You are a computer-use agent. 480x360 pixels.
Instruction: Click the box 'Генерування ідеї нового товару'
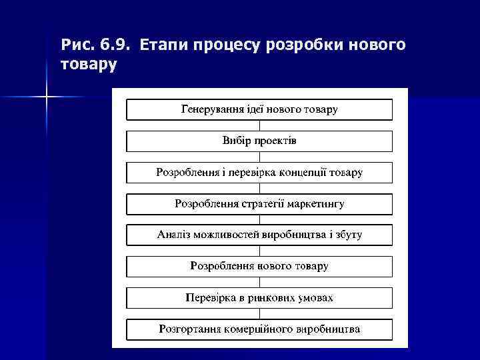tap(259, 109)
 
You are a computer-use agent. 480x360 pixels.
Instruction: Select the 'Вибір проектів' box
tap(259, 141)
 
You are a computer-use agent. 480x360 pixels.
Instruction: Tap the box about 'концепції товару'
tap(259, 172)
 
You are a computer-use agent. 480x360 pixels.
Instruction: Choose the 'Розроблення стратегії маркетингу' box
tap(259, 203)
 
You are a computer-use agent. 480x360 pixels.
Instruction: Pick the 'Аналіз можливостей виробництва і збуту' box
tap(259, 235)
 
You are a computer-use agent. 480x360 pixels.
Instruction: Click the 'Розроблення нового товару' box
tap(259, 266)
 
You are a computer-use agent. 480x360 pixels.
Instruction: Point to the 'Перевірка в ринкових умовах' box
tap(259, 297)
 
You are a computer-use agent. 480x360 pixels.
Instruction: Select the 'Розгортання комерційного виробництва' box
tap(259, 329)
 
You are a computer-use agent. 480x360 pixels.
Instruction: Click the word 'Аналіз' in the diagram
tap(174, 235)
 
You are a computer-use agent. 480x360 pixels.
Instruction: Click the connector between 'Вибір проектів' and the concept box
tap(259, 157)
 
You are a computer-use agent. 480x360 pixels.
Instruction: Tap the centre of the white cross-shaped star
tap(46, 97)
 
